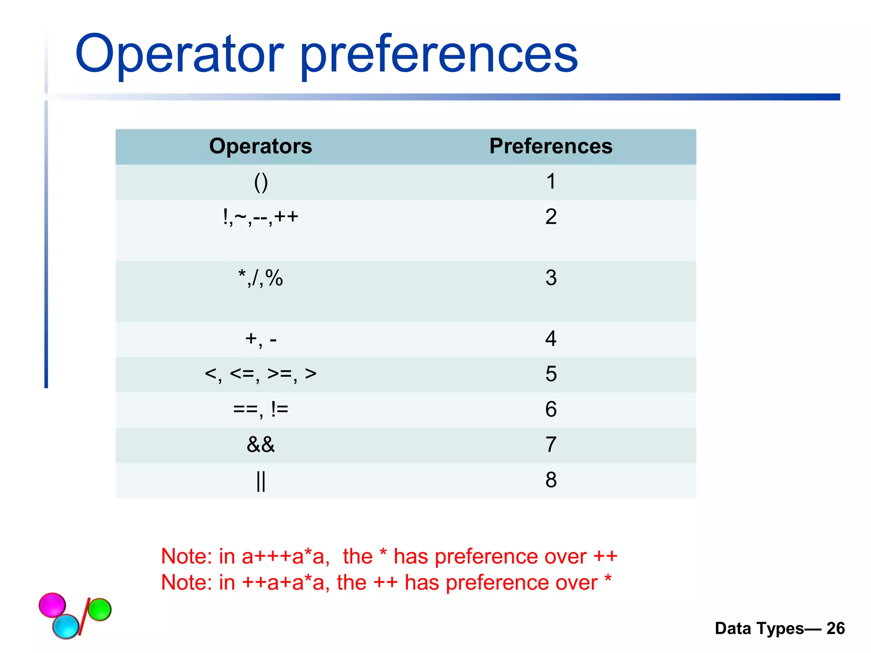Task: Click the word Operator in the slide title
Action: coord(179,54)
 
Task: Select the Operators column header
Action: coord(260,146)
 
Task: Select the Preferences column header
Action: coord(550,146)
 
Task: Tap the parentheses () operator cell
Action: coord(260,182)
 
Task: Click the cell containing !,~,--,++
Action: coord(260,217)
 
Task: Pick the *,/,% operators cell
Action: coord(260,278)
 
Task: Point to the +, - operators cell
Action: coord(260,339)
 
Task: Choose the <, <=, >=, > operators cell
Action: coord(260,374)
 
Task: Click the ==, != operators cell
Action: coord(260,409)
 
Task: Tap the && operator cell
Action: coord(260,445)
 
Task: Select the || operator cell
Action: coord(260,480)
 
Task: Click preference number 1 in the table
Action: coord(550,182)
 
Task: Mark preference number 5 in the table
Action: coord(550,374)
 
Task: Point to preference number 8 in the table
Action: coord(550,480)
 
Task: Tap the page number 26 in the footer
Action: coord(835,628)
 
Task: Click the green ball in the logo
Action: coord(100,609)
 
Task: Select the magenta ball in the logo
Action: coord(52,604)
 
